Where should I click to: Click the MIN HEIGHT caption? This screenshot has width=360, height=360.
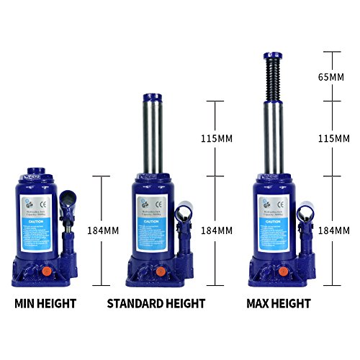click(45, 304)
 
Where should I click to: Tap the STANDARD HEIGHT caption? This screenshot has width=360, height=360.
click(156, 304)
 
